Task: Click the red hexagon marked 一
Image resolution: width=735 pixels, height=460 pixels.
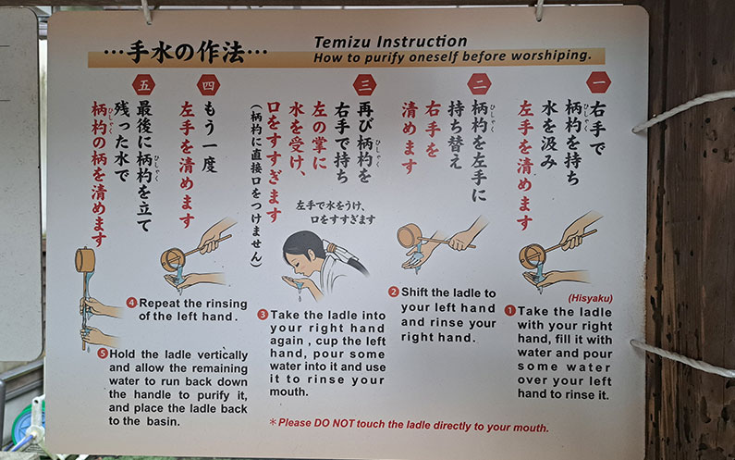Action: point(598,82)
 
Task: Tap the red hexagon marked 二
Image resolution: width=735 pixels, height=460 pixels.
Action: point(479,84)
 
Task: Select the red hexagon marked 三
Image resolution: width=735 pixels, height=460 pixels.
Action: point(364,85)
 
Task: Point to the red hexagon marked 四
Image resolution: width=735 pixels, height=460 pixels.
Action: point(208,85)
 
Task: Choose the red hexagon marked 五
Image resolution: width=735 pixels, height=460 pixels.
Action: point(143,85)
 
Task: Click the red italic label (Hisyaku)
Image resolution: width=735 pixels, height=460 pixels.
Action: point(590,298)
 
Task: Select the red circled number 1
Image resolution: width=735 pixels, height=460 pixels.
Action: point(510,311)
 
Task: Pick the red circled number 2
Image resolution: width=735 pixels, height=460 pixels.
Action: point(393,292)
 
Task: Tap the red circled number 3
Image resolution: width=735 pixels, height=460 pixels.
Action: point(263,315)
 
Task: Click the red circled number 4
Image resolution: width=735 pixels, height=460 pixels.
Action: point(131,303)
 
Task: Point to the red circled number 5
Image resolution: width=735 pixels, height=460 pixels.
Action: point(103,354)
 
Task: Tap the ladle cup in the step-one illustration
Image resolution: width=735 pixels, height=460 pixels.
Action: point(532,256)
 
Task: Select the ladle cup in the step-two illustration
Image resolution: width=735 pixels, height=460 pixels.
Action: point(410,235)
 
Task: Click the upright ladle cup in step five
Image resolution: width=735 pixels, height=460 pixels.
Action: point(85,260)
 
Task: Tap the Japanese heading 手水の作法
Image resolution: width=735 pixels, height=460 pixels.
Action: point(186,53)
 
